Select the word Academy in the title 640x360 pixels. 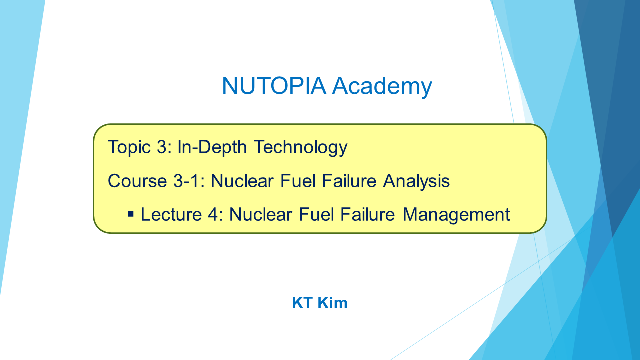[382, 87]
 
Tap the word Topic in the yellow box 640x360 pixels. [129, 148]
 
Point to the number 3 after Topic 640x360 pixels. [162, 147]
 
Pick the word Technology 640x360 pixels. [301, 148]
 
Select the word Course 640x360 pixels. [137, 181]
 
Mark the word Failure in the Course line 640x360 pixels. [349, 181]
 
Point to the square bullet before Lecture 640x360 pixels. [131, 214]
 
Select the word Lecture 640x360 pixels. [171, 214]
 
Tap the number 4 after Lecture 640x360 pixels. [213, 214]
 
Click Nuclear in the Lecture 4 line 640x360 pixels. [261, 214]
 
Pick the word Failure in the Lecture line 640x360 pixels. [368, 214]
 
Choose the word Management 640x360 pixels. [456, 215]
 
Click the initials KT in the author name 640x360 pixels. [302, 303]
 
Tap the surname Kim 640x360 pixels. [333, 303]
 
